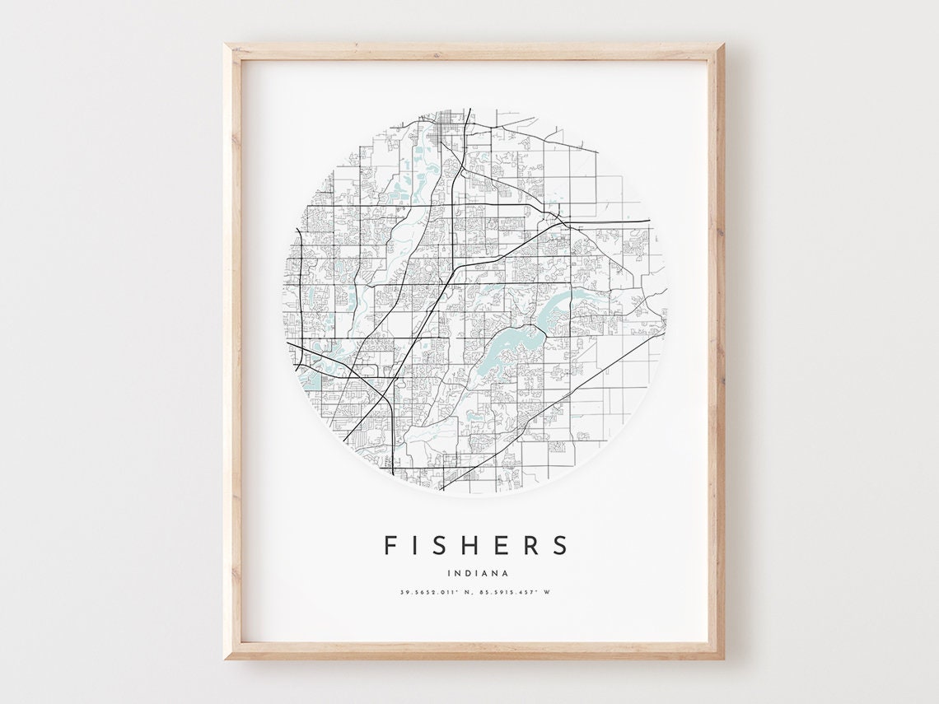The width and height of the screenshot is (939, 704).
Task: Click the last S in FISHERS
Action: click(x=561, y=545)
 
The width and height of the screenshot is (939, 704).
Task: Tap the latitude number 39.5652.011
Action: click(x=427, y=592)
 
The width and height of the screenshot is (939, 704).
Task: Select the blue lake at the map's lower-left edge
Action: click(x=311, y=380)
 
